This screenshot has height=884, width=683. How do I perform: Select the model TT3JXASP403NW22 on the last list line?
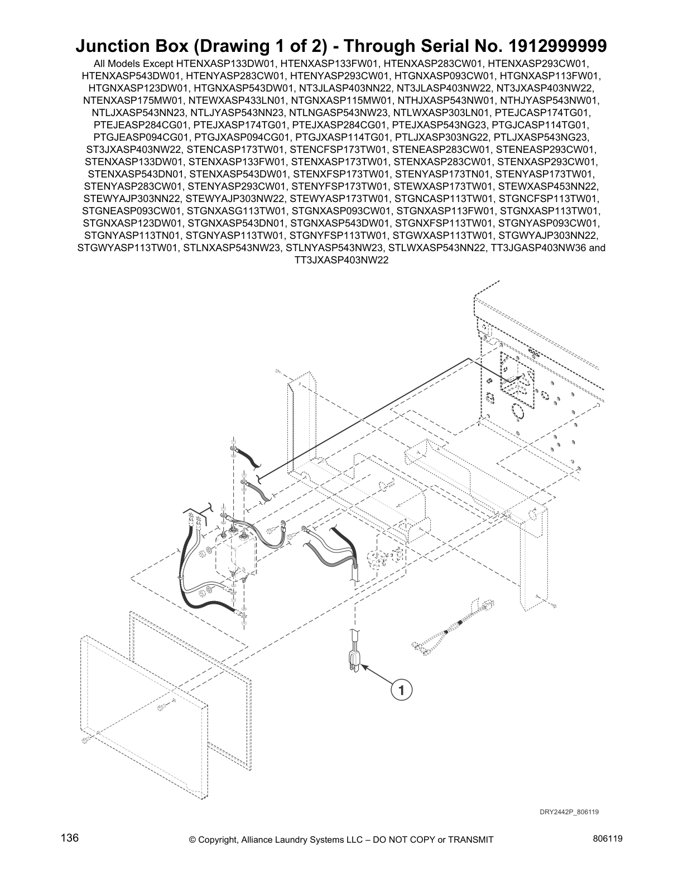click(x=340, y=261)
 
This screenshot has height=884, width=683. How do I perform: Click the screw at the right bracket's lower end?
click(x=553, y=604)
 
